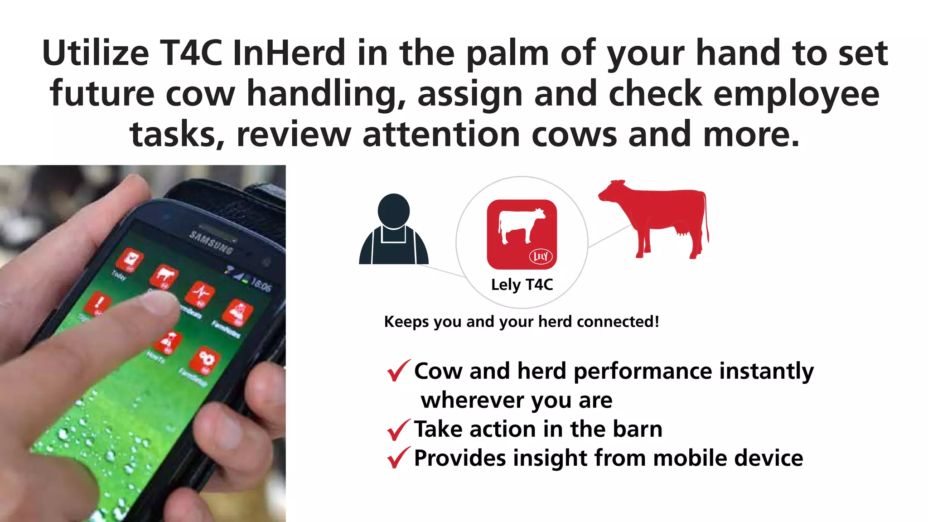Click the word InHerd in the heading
[x=289, y=53]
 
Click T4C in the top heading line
[x=191, y=53]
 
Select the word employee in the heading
[x=796, y=94]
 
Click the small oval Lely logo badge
[x=541, y=256]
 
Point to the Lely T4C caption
[x=522, y=285]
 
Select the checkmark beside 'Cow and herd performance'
[x=398, y=370]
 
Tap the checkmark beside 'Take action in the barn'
[x=398, y=430]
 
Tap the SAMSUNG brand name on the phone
[x=211, y=242]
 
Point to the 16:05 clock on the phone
[x=261, y=285]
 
